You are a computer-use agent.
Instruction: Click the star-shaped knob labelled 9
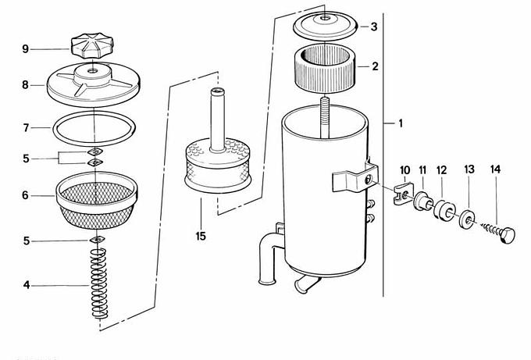coord(92,47)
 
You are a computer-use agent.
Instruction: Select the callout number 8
coord(26,84)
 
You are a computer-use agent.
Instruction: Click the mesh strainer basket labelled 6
coord(97,201)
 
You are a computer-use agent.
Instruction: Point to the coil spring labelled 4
coord(99,283)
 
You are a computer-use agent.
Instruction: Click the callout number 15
coord(201,236)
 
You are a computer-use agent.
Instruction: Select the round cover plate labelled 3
coord(326,25)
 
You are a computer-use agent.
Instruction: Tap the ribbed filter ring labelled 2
coord(325,70)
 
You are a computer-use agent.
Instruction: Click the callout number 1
coord(401,123)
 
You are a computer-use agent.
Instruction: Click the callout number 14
coord(495,169)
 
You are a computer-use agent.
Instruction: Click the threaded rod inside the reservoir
coord(324,117)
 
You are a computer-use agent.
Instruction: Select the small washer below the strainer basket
coord(98,240)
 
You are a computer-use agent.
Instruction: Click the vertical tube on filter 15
coord(217,119)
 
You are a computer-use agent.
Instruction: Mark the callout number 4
coord(27,285)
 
